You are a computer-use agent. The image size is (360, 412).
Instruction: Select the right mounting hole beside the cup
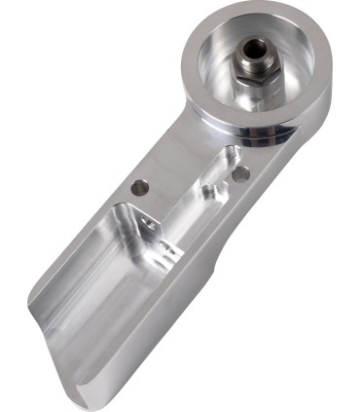[x=240, y=173]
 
